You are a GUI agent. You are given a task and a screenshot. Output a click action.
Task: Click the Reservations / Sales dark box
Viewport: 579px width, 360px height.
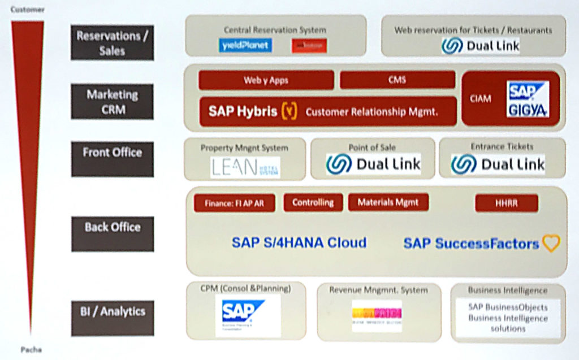point(112,43)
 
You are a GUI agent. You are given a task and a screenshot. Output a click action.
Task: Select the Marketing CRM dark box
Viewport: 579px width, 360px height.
point(112,102)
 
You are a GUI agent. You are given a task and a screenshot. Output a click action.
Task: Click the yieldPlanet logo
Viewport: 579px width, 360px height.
point(245,45)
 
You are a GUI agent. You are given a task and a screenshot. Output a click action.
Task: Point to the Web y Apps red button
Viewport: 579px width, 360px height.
point(266,80)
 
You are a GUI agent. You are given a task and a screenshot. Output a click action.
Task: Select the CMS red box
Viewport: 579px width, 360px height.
point(397,80)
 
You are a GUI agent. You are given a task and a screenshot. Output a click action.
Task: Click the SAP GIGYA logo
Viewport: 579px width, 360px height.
point(528,99)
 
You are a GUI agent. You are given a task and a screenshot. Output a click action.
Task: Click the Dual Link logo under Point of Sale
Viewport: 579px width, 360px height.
point(373,164)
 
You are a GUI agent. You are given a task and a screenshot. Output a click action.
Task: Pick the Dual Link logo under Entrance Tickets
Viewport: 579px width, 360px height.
point(498,164)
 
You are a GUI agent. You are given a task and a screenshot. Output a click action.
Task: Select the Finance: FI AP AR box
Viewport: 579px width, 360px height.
point(234,203)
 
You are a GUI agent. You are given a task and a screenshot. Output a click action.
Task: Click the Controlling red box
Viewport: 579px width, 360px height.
point(313,202)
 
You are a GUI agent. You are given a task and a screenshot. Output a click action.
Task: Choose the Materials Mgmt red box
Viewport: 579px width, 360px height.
point(388,202)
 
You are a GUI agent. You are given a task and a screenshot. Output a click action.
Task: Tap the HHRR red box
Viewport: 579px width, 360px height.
point(506,203)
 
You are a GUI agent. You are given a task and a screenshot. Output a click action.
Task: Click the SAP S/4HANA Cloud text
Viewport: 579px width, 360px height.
point(299,243)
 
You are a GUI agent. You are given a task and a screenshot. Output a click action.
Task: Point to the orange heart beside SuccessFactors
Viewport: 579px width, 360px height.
point(551,244)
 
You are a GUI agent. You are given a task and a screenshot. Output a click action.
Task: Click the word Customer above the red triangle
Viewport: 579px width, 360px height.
point(27,10)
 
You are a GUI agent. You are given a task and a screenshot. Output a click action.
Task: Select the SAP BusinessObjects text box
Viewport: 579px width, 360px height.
point(508,318)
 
